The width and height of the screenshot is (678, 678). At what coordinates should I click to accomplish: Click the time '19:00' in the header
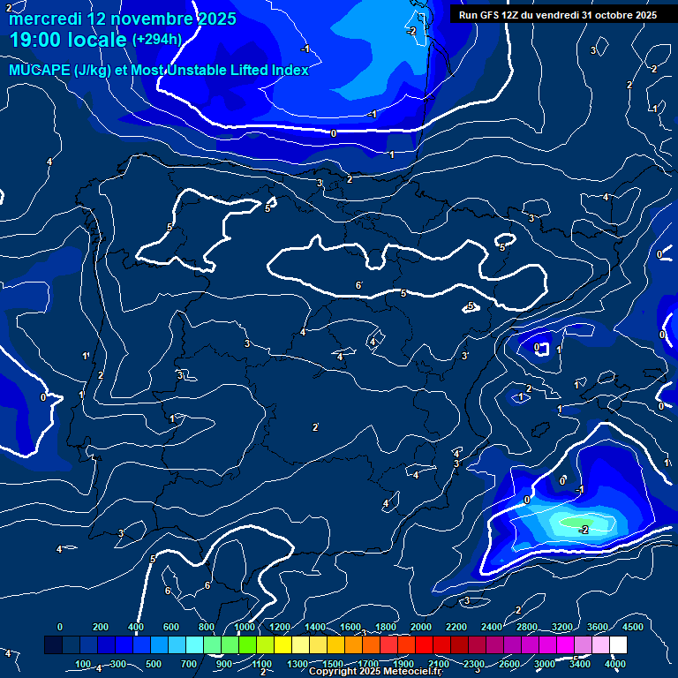(35, 40)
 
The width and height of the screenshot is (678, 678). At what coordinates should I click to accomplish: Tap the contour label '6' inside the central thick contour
(358, 285)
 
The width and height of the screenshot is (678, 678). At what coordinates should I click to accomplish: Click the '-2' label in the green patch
(584, 529)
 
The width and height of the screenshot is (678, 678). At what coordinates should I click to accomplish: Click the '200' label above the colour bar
(99, 627)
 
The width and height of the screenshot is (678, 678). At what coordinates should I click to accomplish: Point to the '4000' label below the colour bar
(615, 664)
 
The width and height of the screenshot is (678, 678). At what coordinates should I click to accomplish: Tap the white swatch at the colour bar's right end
(618, 645)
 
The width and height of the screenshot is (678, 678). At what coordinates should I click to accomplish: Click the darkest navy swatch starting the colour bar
(53, 645)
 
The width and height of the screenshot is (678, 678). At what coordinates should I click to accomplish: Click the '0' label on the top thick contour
(333, 133)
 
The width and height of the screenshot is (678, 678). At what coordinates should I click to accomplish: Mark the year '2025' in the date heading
(215, 19)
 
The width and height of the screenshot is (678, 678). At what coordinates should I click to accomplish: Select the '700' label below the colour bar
(189, 664)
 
